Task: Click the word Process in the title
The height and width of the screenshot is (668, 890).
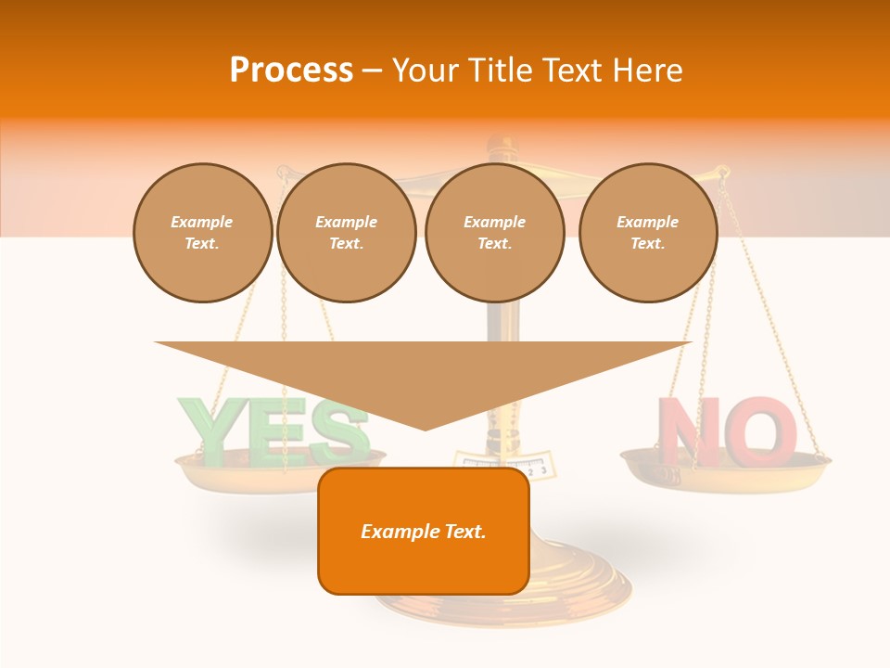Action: [x=291, y=71]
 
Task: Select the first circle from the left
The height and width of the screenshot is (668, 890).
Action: [x=202, y=233]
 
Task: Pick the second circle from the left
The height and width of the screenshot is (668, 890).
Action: [x=346, y=233]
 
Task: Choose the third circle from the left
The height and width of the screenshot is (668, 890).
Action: [x=494, y=233]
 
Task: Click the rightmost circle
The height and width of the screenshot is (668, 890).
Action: [x=647, y=233]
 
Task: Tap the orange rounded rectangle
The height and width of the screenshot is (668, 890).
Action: [x=424, y=531]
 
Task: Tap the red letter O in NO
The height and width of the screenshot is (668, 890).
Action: [x=760, y=431]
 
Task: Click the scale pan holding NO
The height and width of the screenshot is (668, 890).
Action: [x=724, y=469]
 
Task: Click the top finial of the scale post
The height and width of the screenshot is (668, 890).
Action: [x=502, y=144]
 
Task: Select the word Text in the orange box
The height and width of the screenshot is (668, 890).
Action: [x=463, y=532]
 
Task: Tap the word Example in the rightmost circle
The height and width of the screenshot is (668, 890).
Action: [x=647, y=222]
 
